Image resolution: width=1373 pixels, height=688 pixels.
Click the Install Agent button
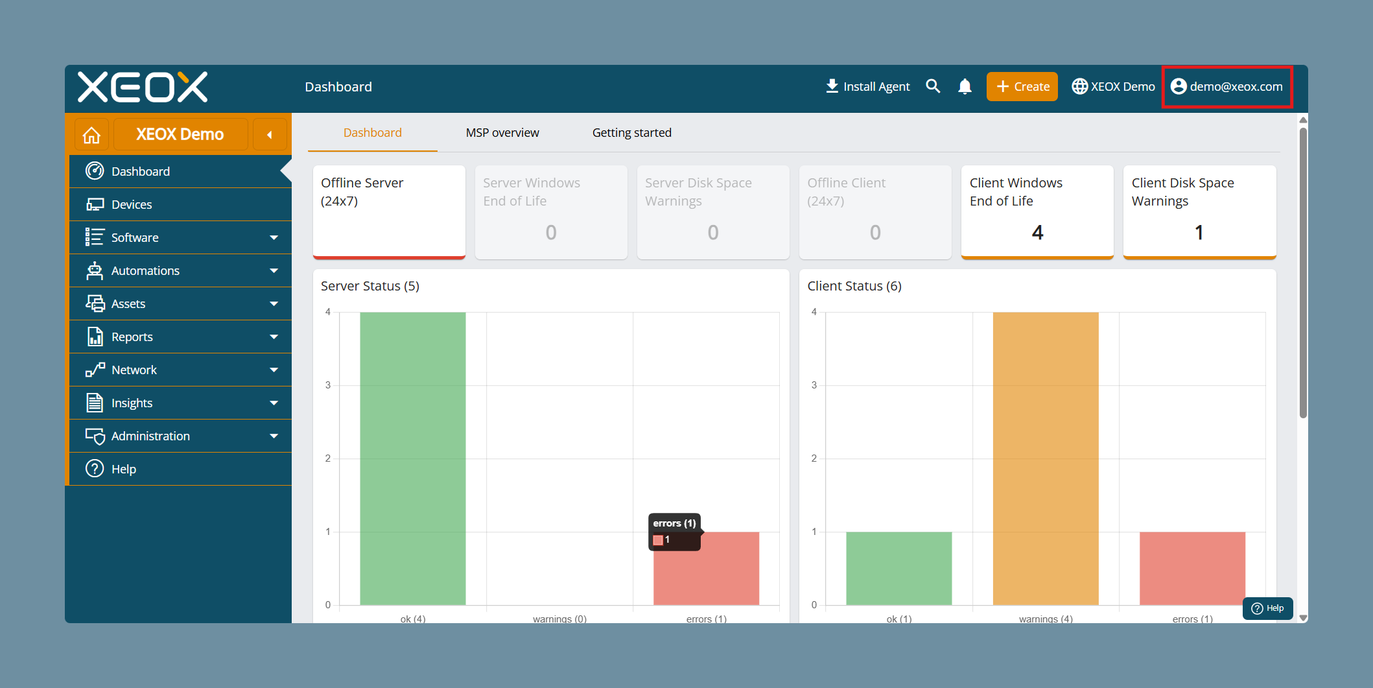click(867, 86)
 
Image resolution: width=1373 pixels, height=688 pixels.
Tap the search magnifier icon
click(933, 86)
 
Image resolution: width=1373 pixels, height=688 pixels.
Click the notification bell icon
click(965, 86)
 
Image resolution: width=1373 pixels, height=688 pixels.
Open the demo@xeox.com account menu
click(1226, 86)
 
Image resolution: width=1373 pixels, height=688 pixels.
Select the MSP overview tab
click(502, 133)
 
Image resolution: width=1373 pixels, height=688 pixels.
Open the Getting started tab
click(632, 133)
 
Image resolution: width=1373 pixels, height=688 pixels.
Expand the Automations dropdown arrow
click(274, 270)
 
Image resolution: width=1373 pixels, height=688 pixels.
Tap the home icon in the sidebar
click(92, 135)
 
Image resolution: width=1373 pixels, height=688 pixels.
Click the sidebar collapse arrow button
click(270, 135)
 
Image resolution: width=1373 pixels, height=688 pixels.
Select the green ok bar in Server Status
click(413, 458)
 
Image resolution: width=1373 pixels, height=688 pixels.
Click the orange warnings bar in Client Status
click(1046, 458)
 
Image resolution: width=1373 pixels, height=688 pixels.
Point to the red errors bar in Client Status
click(1193, 569)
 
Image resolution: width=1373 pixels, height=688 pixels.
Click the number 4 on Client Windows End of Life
click(1038, 232)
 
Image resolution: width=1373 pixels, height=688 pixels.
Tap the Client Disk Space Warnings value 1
click(1199, 232)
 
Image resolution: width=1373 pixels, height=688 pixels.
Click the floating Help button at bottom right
click(1268, 608)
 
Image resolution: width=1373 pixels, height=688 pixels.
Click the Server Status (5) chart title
click(370, 286)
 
